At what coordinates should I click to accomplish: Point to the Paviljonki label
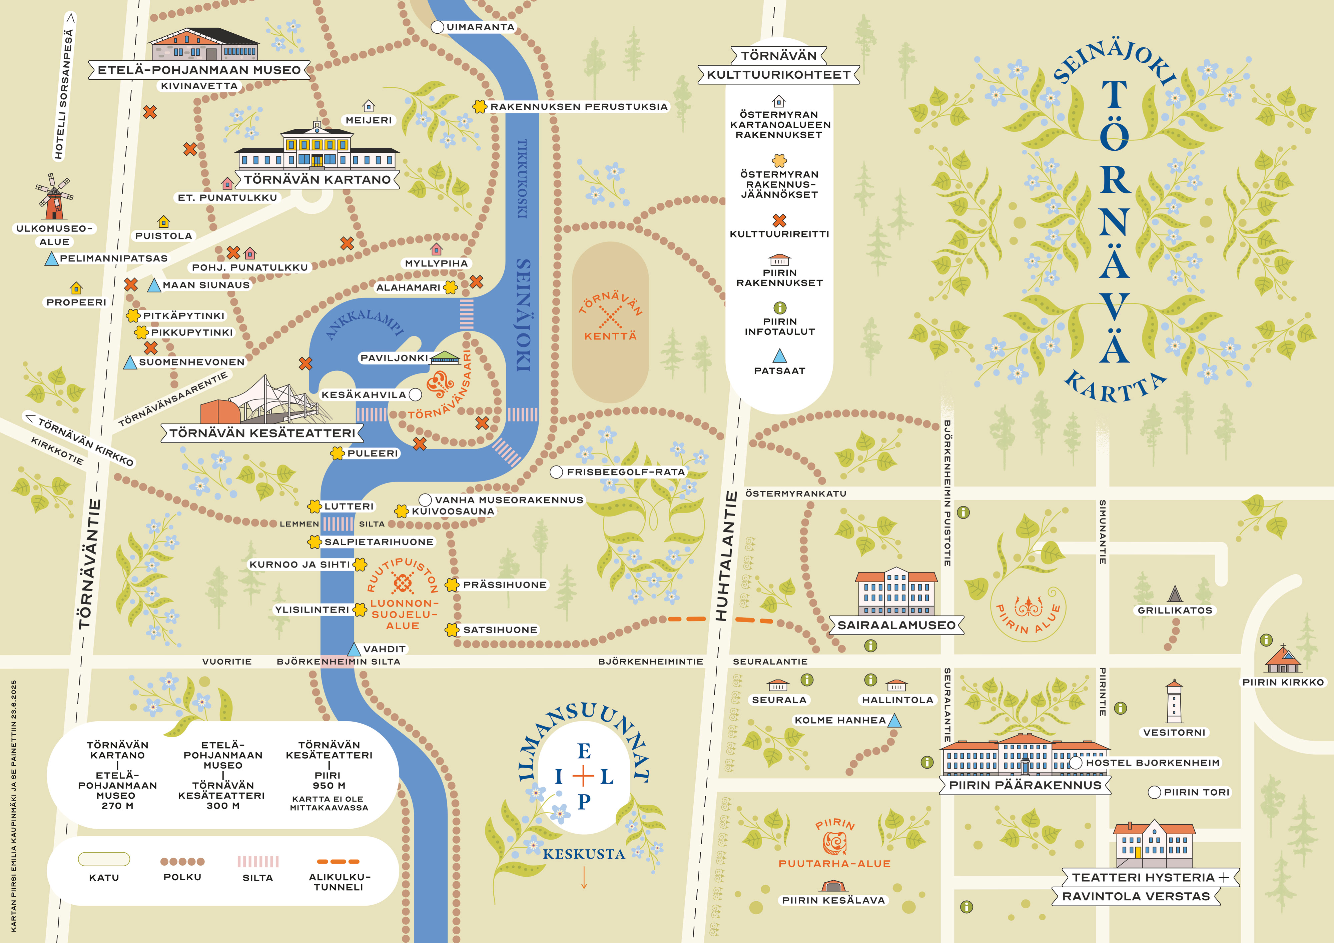pos(394,358)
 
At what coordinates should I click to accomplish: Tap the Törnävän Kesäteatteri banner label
pos(262,433)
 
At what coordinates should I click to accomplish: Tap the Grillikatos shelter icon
pos(1175,594)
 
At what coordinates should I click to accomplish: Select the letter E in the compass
pos(584,751)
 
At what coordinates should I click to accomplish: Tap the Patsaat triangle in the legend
pos(779,355)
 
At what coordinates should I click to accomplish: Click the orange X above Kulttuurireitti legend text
pos(779,220)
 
